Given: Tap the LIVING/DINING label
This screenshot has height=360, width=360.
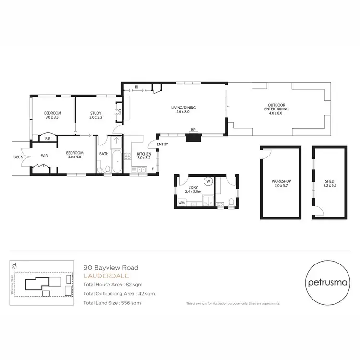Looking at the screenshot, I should (183, 108).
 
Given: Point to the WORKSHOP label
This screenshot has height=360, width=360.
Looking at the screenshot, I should (281, 181).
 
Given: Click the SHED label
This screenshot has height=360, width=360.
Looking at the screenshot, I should (328, 181).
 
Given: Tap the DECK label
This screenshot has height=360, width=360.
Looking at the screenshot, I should (19, 156).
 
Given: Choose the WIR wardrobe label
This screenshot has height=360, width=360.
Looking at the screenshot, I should (44, 156).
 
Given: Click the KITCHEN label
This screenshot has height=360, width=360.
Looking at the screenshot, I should (144, 154).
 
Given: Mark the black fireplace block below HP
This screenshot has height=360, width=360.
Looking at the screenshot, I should (194, 138).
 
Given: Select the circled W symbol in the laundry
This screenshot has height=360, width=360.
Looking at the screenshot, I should (208, 181).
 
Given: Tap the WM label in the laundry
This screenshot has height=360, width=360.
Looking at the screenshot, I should (181, 204).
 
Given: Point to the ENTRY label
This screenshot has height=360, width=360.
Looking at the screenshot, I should (162, 144).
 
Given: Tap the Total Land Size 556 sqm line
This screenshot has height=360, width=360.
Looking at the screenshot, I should (112, 303).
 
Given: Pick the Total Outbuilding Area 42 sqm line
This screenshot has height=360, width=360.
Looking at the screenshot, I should (119, 293).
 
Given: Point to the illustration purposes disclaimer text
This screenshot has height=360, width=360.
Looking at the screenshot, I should (233, 304).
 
